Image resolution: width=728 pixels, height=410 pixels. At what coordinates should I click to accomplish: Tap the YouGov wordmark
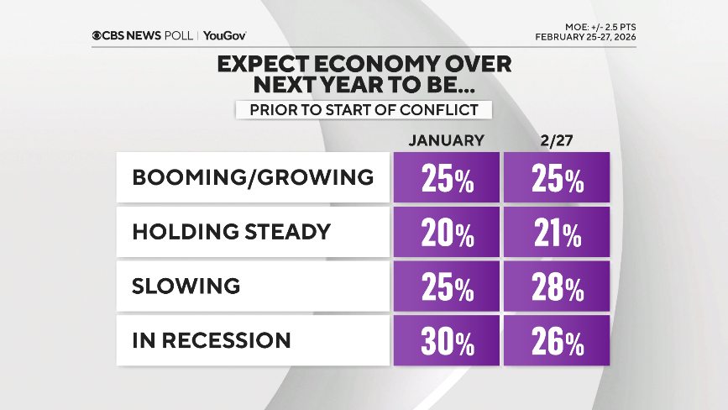point(224,35)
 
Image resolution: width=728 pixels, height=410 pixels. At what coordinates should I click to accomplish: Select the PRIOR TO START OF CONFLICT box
point(363,109)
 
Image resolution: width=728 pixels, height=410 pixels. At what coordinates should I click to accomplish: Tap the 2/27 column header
point(555,140)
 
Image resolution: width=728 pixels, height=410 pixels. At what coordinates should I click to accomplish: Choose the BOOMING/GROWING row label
point(252,177)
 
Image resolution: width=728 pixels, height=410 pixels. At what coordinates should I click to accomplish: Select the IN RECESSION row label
point(212,340)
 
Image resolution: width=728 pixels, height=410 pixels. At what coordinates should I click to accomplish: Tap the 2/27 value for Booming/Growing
point(555,178)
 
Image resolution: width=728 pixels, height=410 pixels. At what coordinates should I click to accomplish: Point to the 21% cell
point(555,233)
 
